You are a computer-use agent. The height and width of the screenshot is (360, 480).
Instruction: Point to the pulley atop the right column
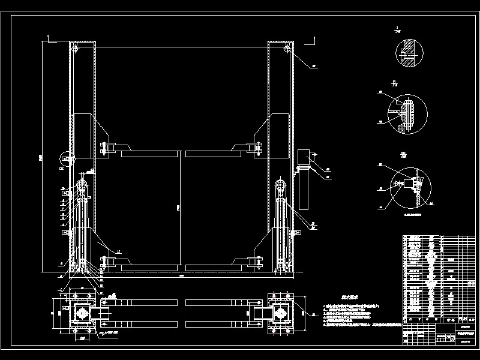point(287,48)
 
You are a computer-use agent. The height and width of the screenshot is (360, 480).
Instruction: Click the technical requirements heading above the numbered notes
point(341,296)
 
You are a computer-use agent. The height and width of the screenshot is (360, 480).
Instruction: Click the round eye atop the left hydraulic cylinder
point(82,184)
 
